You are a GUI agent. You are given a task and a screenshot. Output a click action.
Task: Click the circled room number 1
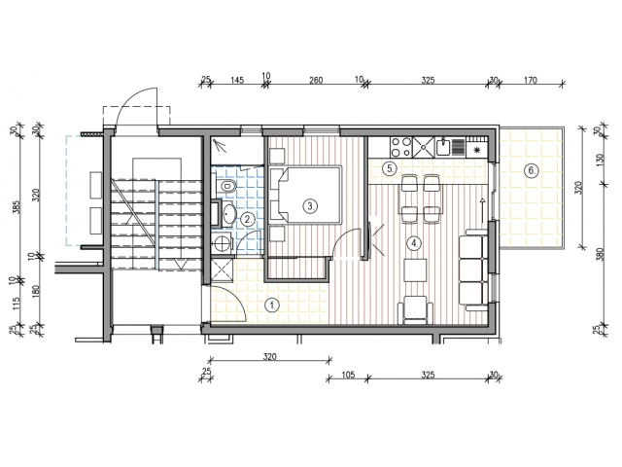[x=272, y=305]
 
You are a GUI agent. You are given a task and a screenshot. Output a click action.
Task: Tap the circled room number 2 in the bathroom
[x=248, y=219]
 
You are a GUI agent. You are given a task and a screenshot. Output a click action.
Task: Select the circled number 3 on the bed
[x=310, y=206]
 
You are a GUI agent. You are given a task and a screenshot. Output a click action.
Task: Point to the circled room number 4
[x=415, y=243]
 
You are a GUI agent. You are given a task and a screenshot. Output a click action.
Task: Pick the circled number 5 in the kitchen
[x=390, y=168]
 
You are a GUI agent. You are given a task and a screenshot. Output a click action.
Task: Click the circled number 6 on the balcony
[x=531, y=171]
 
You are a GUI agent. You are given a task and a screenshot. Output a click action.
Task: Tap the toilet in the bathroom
[x=225, y=186]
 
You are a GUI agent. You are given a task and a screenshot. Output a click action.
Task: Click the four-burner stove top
[x=401, y=147]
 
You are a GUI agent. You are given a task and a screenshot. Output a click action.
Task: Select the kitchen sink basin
[x=443, y=147]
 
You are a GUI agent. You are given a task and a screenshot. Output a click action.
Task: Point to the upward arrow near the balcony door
[x=482, y=210]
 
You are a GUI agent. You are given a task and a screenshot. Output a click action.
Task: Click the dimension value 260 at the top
[x=316, y=80]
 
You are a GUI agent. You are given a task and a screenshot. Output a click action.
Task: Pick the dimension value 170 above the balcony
[x=530, y=80]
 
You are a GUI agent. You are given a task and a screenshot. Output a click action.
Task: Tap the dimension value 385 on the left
[x=17, y=207]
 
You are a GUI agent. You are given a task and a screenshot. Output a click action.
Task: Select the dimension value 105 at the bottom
[x=348, y=375]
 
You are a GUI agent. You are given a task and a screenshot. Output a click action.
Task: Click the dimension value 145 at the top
[x=237, y=80]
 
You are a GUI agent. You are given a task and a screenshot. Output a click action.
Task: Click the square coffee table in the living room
[x=415, y=270]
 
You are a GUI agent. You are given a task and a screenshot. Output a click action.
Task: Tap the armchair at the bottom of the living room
[x=415, y=309]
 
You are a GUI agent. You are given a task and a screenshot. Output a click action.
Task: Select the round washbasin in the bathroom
[x=228, y=214]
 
